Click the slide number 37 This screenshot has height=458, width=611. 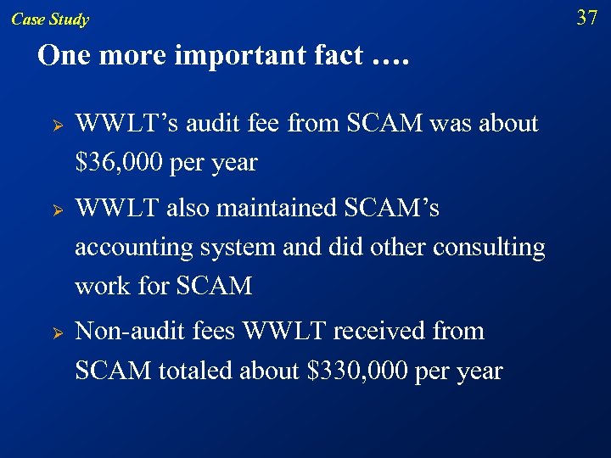587,17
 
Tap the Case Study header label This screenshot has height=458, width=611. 50,20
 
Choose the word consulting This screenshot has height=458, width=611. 489,247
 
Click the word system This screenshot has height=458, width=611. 235,248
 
